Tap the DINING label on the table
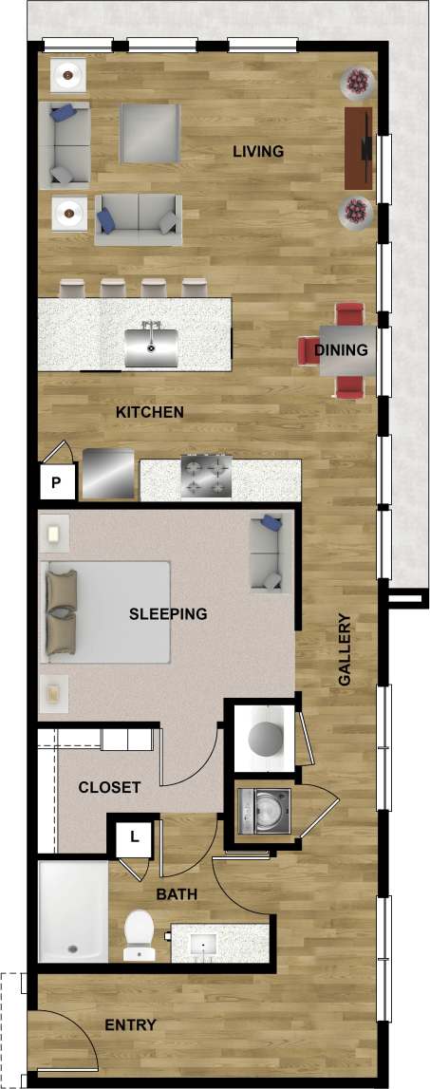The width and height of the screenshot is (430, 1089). click(341, 350)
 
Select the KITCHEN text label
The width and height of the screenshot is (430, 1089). click(149, 412)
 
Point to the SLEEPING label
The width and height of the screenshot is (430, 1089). click(167, 613)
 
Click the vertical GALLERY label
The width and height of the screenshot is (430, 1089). click(345, 650)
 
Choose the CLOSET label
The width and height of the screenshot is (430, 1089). click(109, 787)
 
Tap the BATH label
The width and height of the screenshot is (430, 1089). click(177, 893)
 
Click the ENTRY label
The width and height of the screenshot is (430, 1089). click(130, 1025)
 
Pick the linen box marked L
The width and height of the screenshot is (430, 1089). click(135, 837)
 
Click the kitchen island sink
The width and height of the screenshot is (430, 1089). click(151, 344)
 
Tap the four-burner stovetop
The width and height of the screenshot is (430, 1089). click(206, 477)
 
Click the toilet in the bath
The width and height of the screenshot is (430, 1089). click(140, 932)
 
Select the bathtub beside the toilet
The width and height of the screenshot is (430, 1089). click(72, 911)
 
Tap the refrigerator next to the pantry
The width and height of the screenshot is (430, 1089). click(107, 473)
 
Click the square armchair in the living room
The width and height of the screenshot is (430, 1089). click(150, 132)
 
